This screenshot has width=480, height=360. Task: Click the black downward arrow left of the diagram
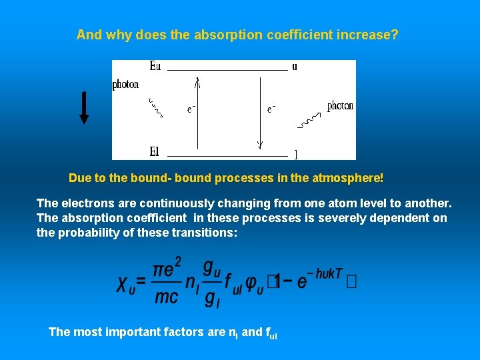84,107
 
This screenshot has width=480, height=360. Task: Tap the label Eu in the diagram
155,66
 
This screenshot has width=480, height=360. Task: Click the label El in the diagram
154,152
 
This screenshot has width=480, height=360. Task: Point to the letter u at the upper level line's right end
295,66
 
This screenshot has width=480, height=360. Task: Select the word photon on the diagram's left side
125,85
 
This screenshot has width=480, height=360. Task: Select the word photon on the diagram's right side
340,106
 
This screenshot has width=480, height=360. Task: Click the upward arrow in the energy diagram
197,113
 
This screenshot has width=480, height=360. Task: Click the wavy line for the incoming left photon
155,108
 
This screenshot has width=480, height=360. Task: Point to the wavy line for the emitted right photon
309,120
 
